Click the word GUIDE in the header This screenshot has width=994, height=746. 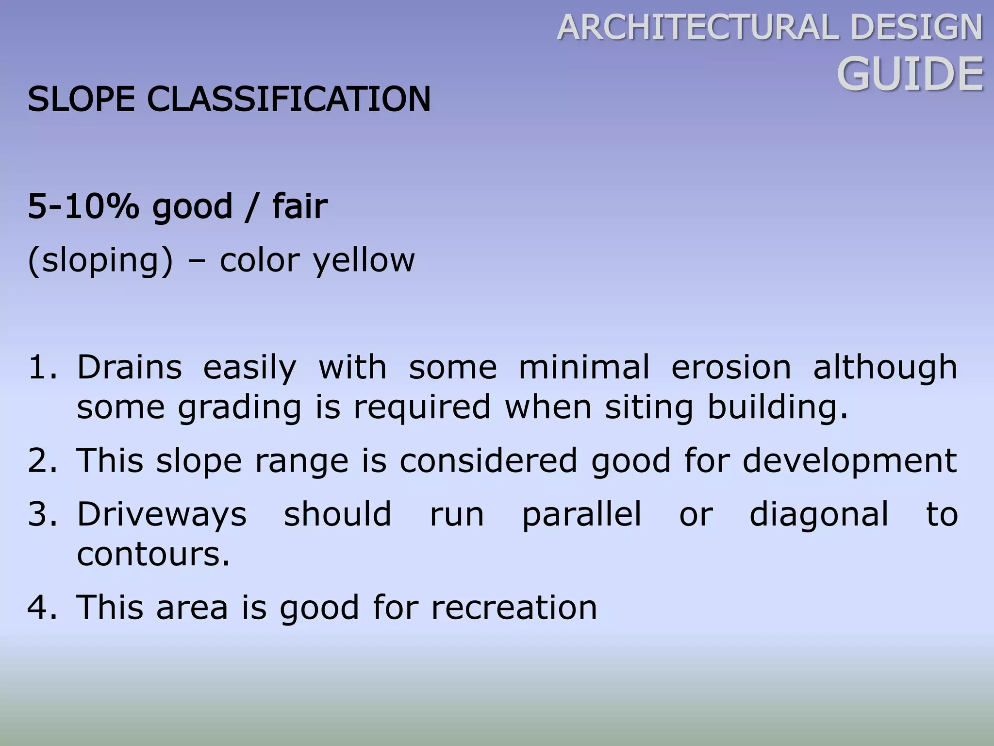click(x=910, y=74)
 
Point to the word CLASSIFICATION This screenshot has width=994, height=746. click(x=289, y=99)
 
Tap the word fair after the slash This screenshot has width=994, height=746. click(x=300, y=206)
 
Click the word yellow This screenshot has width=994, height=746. click(x=364, y=261)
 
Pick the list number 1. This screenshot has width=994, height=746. click(x=41, y=367)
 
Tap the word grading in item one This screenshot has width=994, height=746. click(x=240, y=407)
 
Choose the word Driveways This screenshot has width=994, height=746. click(x=162, y=514)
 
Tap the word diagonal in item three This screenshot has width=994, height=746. click(x=819, y=514)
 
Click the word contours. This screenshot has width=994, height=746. click(x=153, y=555)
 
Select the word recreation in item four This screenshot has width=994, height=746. click(x=514, y=608)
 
